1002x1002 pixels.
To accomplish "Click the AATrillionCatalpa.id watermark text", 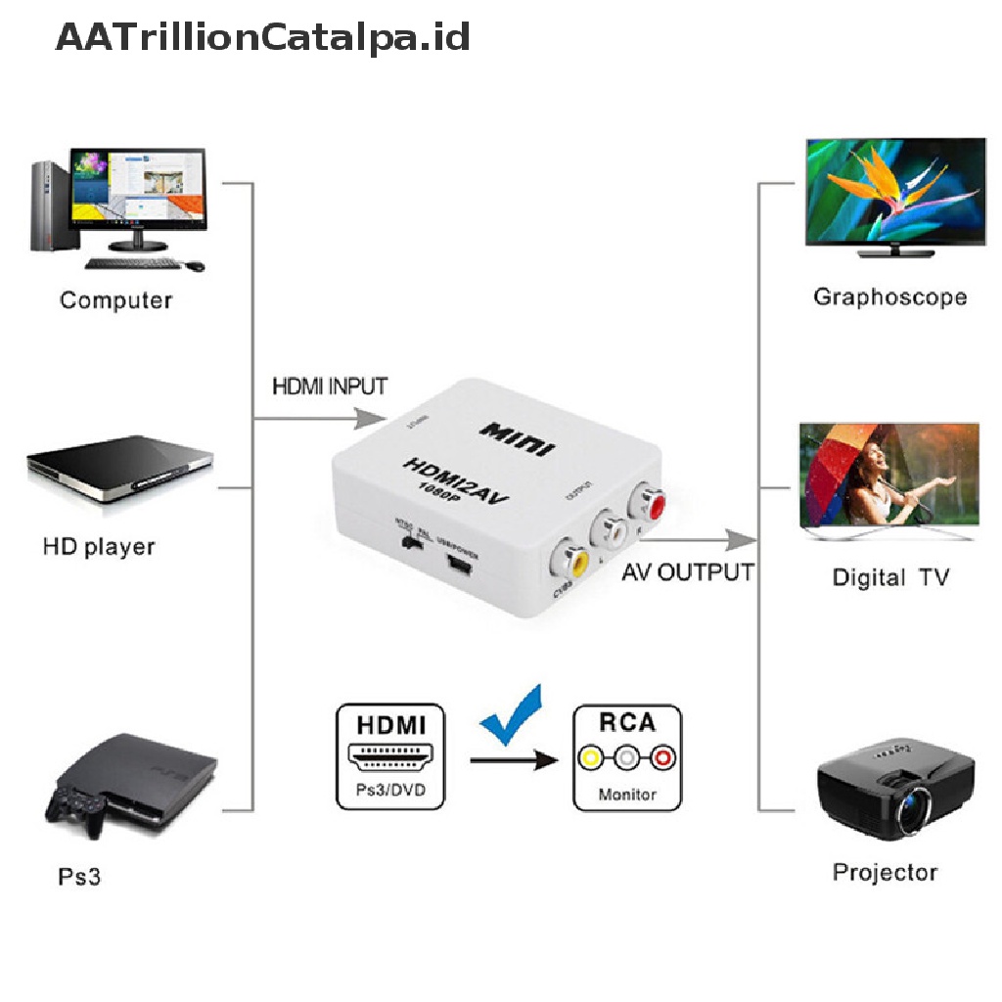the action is tap(262, 38).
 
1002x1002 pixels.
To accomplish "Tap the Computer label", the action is tap(115, 299).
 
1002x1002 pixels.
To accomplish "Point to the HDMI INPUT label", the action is tap(329, 386).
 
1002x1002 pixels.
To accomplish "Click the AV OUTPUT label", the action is tap(687, 571).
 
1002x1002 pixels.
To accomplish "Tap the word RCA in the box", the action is tap(626, 722).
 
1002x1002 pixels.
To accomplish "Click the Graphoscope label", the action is tap(889, 296).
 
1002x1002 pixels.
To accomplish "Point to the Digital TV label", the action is tap(890, 577).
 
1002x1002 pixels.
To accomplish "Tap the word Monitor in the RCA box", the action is tap(627, 795).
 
